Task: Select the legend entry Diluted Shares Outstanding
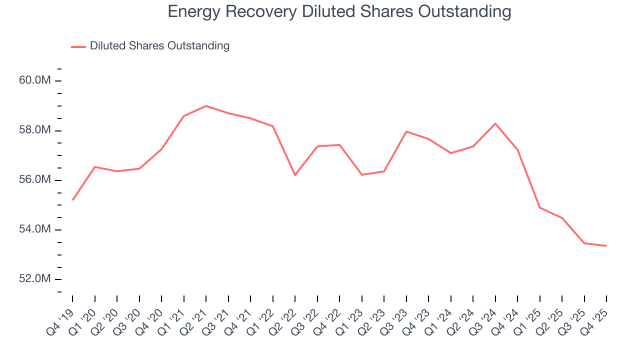click(x=159, y=46)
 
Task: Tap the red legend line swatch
click(x=78, y=46)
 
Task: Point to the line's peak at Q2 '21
click(x=206, y=106)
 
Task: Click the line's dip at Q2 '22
click(x=295, y=175)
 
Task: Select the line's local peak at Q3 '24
click(x=495, y=123)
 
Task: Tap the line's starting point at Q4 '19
click(x=73, y=200)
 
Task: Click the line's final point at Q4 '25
click(x=606, y=246)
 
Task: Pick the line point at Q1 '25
click(x=539, y=207)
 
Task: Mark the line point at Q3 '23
click(x=406, y=131)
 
